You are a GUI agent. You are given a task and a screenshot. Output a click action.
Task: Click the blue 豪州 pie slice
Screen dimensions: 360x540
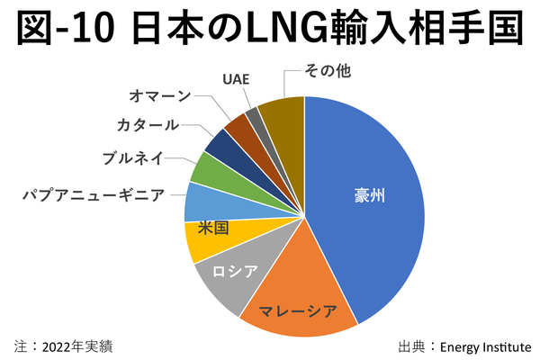point(369,207)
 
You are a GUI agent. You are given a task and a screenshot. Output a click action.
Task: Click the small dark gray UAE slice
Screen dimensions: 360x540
point(253,116)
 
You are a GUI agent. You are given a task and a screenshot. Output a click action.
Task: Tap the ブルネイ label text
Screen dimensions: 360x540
point(132,158)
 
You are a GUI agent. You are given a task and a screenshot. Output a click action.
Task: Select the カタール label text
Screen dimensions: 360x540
point(148,125)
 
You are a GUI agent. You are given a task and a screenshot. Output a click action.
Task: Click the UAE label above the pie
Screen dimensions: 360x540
point(235,77)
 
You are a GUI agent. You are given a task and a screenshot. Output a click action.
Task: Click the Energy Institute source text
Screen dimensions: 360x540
point(485,346)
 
